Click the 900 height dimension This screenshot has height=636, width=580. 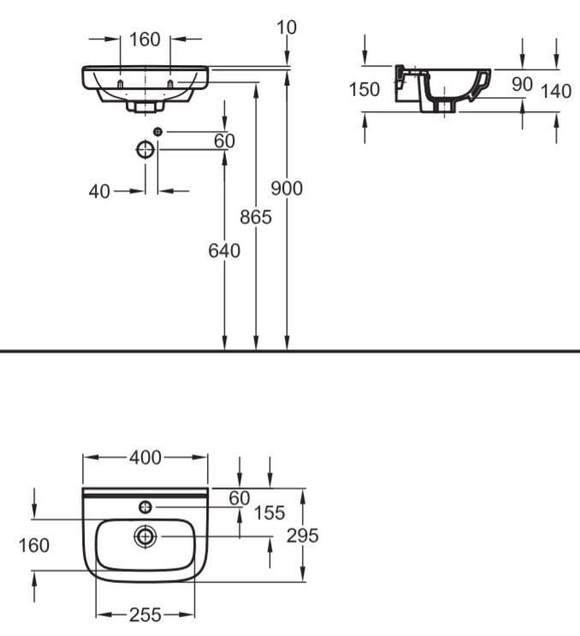[x=287, y=188]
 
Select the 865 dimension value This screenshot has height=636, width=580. [x=255, y=217]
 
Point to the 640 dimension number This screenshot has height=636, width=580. [x=224, y=251]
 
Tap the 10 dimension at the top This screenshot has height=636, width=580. [x=287, y=27]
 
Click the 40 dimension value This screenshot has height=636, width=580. [x=99, y=192]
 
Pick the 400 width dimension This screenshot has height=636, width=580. [x=145, y=458]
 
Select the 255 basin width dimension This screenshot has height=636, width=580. [x=145, y=615]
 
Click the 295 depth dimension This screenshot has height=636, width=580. [x=302, y=536]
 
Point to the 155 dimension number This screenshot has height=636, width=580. [x=269, y=513]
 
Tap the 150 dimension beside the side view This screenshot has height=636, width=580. [x=364, y=90]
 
